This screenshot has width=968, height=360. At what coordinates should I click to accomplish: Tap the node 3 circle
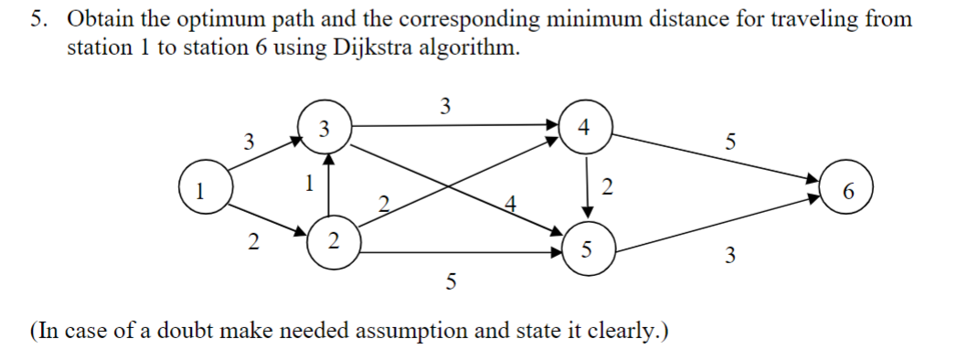click(323, 126)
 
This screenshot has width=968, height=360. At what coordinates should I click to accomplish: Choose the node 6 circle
click(848, 192)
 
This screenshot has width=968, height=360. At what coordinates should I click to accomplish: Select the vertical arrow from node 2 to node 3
click(329, 184)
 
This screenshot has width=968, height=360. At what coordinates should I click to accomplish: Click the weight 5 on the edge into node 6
click(729, 142)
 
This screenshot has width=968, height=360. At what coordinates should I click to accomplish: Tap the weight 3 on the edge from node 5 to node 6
click(729, 256)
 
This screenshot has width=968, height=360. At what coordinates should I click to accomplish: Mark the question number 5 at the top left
click(39, 19)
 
